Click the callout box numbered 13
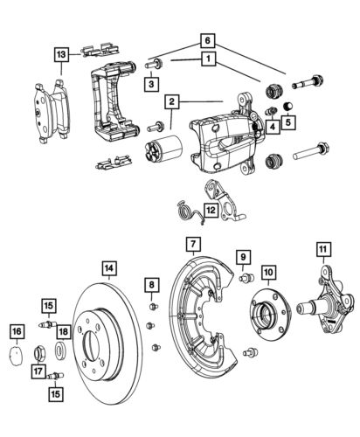click(59, 54)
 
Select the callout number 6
click(206, 40)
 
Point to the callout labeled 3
click(150, 83)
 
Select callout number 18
click(62, 330)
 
